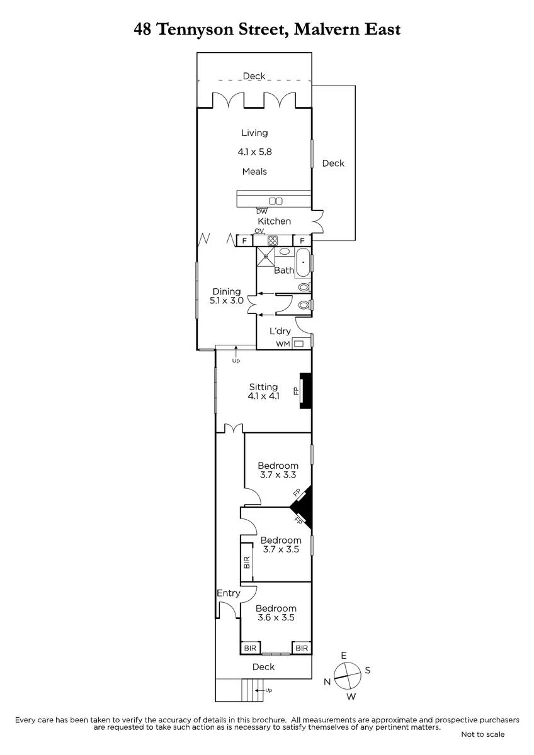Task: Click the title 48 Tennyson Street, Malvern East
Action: click(x=267, y=30)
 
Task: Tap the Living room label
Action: click(x=254, y=133)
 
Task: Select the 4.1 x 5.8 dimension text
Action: click(x=254, y=152)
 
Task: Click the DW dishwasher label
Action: click(x=262, y=211)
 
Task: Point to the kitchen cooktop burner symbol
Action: click(x=273, y=240)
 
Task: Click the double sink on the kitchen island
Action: click(x=276, y=201)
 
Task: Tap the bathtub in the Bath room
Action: click(x=304, y=263)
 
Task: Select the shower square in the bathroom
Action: click(x=266, y=257)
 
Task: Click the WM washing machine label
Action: click(x=283, y=344)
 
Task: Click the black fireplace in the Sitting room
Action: click(x=305, y=391)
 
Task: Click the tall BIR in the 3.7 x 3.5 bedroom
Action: click(x=247, y=562)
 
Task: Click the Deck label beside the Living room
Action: click(x=333, y=164)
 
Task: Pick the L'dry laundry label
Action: click(x=280, y=332)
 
